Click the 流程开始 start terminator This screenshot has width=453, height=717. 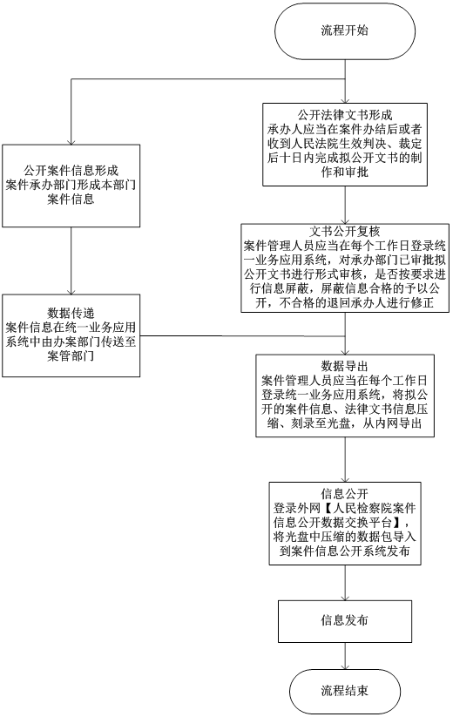(x=345, y=30)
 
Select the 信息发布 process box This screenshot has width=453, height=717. (x=345, y=620)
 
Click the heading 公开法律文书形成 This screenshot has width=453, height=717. (x=345, y=114)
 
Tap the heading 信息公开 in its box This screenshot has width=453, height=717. (x=345, y=492)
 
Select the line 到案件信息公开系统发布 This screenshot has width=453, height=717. (x=345, y=551)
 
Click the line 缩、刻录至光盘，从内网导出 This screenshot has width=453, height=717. (x=345, y=424)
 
